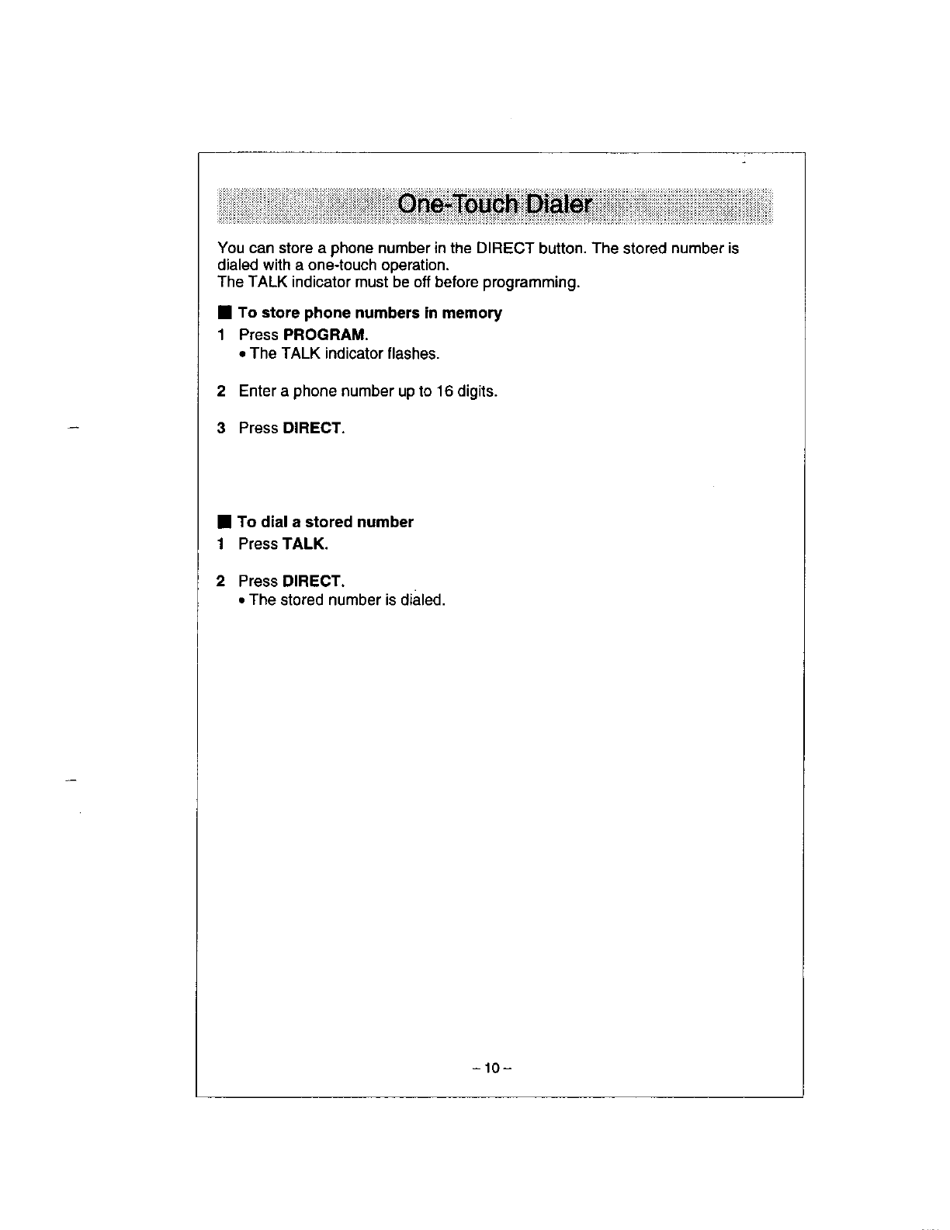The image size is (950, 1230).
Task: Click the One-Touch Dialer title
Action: point(494,205)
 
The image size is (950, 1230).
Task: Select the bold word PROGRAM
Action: point(324,335)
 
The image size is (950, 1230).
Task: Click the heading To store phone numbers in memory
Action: point(369,313)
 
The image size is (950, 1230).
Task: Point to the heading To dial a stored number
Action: point(325,522)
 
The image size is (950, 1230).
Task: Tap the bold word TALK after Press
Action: point(305,544)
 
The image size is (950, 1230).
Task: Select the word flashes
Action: point(414,354)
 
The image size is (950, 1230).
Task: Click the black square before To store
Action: point(224,313)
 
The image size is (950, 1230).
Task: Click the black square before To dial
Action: point(224,522)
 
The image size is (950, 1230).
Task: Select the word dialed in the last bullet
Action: point(423,600)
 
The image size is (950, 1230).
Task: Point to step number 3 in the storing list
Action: point(222,428)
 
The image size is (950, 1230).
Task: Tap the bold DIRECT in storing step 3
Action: point(313,428)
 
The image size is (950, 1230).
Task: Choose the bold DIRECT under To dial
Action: point(313,581)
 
